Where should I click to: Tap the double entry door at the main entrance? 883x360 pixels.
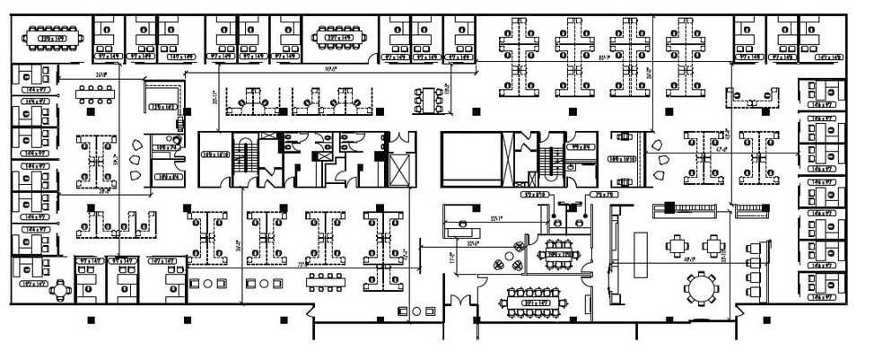463,301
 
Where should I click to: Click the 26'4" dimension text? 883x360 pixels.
101,75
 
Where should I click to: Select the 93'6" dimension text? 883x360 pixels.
331,67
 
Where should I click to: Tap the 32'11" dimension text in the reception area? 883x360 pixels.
489,216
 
